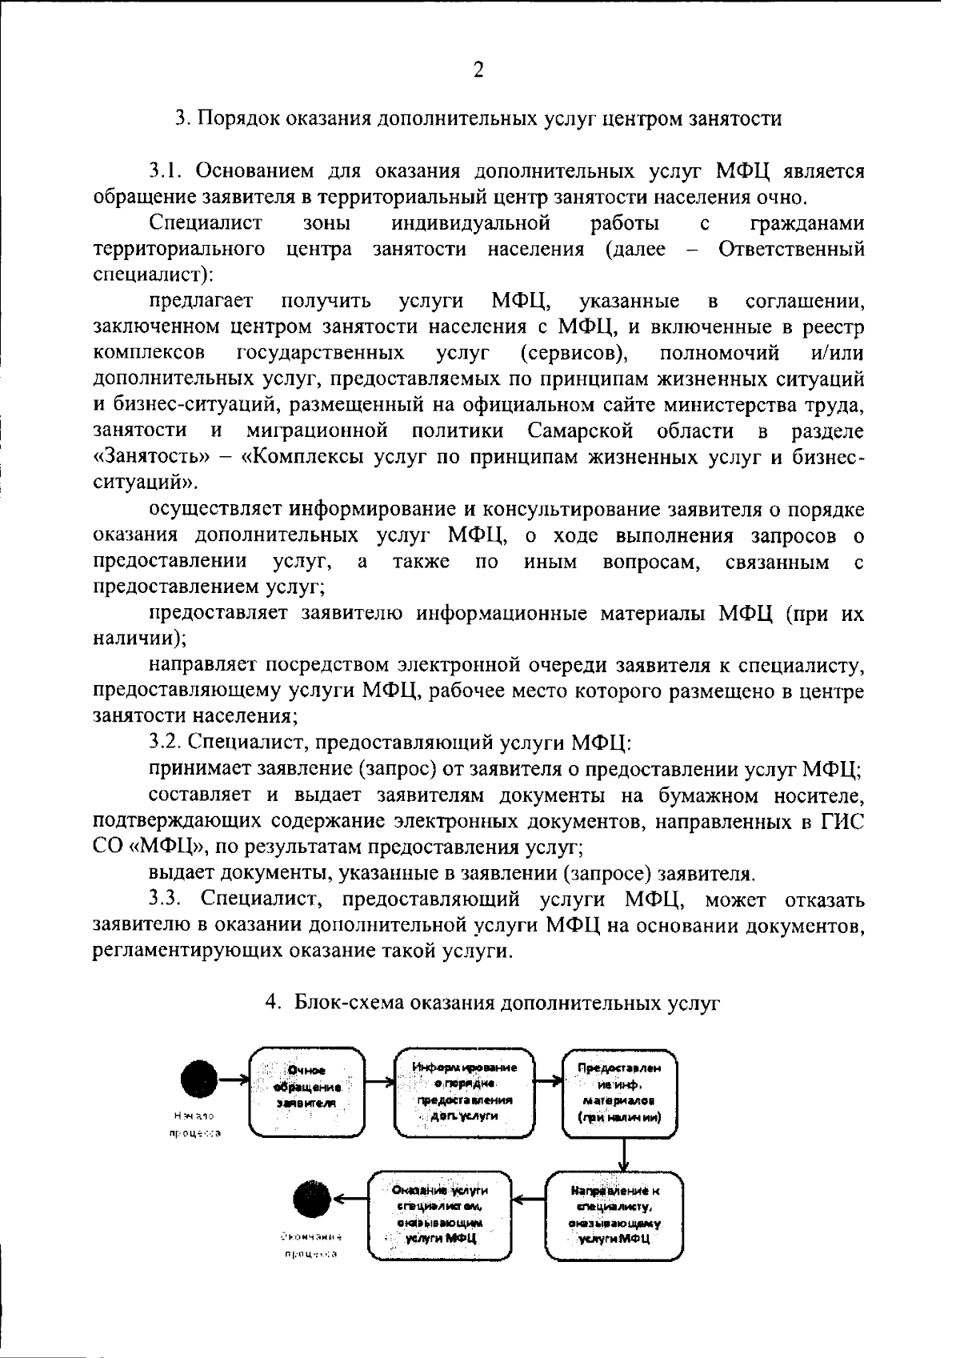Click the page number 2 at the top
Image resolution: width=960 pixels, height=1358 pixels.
tap(478, 70)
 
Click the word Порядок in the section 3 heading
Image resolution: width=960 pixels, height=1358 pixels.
tap(233, 119)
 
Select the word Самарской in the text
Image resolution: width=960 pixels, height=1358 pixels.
tap(580, 431)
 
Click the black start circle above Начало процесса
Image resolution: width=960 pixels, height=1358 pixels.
tap(198, 1080)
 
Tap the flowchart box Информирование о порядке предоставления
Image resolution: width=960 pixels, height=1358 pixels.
tap(465, 1092)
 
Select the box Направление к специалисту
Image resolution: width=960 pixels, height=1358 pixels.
tap(614, 1215)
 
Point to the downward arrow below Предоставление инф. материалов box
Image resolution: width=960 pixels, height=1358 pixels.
tap(623, 1155)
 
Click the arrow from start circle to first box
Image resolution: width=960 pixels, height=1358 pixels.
tap(232, 1080)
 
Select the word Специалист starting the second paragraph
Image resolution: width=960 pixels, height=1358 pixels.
tap(205, 222)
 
